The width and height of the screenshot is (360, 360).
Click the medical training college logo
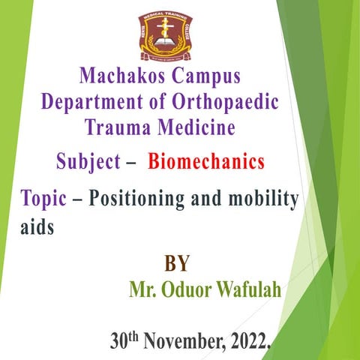coord(165,35)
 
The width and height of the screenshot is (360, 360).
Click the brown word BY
coord(176,263)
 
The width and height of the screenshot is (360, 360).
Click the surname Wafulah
coord(250,289)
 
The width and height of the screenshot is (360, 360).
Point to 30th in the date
coord(124,340)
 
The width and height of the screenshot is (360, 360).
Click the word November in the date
coord(184,342)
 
